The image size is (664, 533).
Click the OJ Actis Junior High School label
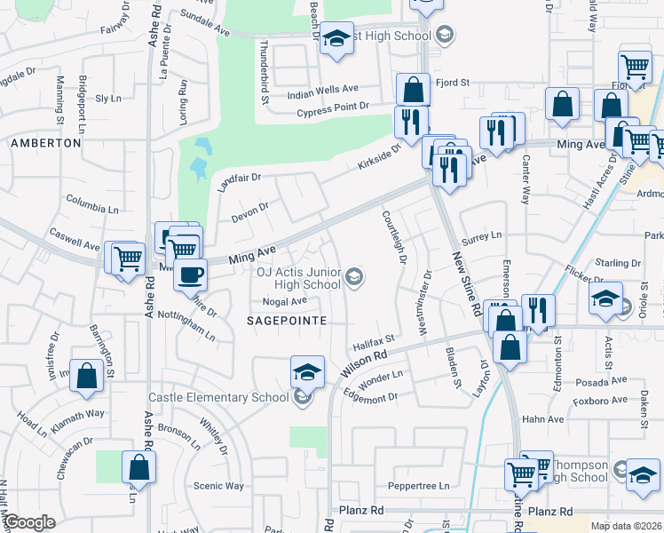point(298,279)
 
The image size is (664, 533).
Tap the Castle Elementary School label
point(220,397)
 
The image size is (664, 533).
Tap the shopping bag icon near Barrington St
point(87,376)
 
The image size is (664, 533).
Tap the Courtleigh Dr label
point(393,236)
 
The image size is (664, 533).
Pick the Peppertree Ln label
point(420,487)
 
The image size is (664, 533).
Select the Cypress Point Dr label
point(333,107)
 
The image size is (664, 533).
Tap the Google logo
point(30,522)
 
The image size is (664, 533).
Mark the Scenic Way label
point(218,486)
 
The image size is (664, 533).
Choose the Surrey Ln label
point(482,236)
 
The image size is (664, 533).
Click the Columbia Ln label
point(91,210)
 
